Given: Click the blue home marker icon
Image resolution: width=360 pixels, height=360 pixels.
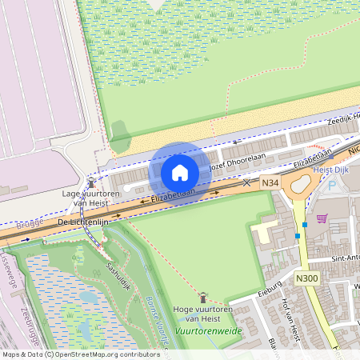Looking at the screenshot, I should [179, 172].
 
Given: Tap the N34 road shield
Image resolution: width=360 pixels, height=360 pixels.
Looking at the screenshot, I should [271, 183].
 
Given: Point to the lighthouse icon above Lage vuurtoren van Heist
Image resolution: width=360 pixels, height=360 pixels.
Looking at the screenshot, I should [90, 183].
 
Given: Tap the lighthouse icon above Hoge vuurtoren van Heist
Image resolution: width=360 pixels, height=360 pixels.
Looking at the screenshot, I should [202, 296].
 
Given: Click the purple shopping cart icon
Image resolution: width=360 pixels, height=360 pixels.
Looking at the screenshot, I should [322, 218].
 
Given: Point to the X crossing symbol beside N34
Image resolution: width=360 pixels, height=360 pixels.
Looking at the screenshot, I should [246, 183].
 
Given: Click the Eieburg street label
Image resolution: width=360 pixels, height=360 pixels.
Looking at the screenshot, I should [270, 286].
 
